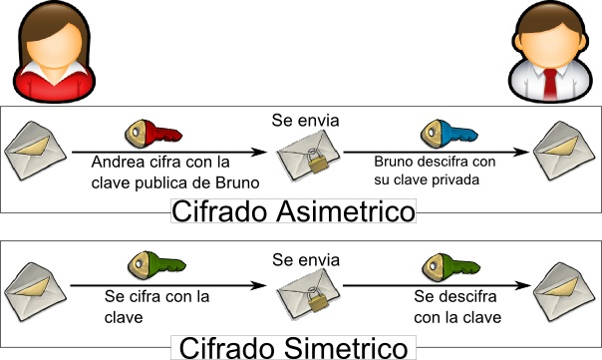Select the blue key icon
pos(444,133)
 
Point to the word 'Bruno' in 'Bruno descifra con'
pos(394,162)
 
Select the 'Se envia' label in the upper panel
pos(306,121)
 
